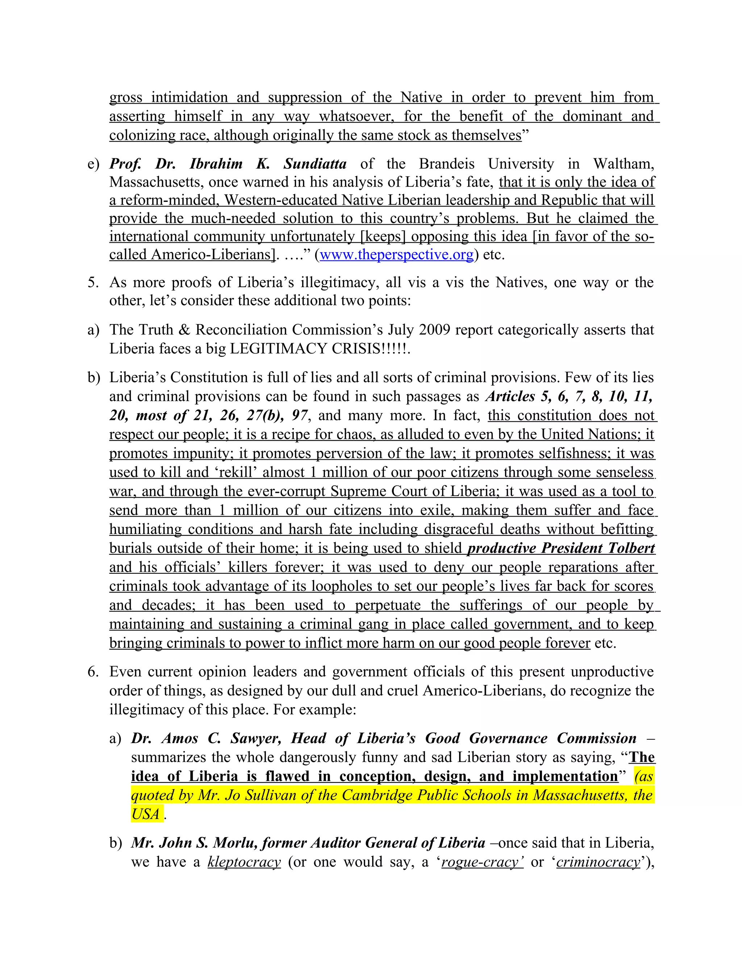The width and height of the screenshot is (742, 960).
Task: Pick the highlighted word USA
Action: click(x=146, y=814)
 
